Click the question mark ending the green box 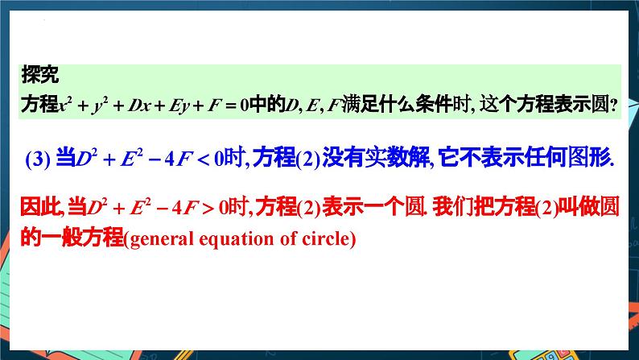613,105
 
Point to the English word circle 324,239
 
